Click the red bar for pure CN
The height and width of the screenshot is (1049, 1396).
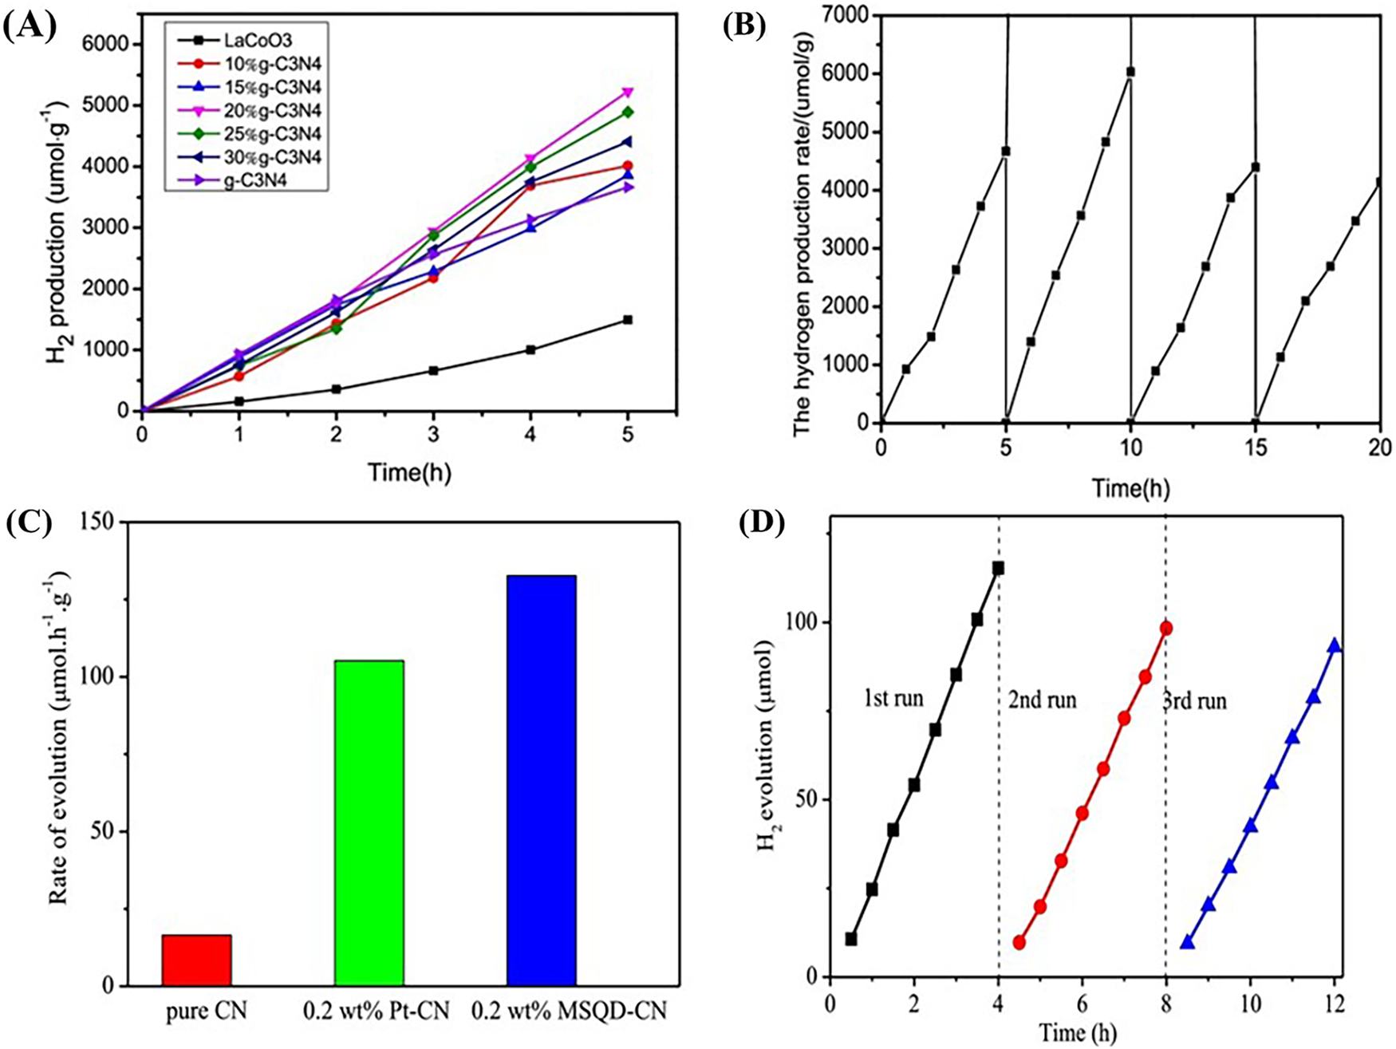click(196, 960)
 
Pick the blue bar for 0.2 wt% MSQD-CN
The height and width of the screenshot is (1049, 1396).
click(542, 780)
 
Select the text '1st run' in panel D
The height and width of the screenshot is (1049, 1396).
click(893, 700)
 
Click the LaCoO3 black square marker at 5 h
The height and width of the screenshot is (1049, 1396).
click(628, 320)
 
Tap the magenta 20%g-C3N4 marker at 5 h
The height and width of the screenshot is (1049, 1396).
click(628, 93)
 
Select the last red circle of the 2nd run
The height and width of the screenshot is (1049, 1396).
click(1166, 628)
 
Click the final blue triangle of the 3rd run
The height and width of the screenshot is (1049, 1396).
click(1334, 645)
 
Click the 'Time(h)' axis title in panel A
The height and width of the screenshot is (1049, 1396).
click(409, 472)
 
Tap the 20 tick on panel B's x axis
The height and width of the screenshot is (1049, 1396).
click(1380, 444)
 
